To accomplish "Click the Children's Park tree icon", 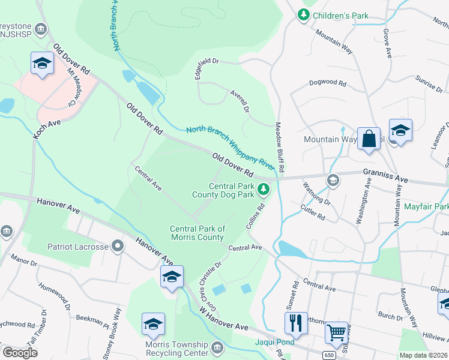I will click(x=304, y=14).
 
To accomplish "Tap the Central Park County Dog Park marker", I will click(x=263, y=190).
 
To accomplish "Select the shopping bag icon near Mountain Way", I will click(x=369, y=139).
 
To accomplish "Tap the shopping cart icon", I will click(x=336, y=332).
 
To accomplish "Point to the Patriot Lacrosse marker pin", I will click(x=118, y=246).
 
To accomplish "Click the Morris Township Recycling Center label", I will click(x=176, y=349).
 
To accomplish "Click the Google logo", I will click(x=20, y=353).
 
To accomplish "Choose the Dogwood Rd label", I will click(x=327, y=83).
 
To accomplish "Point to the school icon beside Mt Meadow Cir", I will click(x=42, y=64).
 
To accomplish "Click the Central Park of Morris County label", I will click(x=197, y=233).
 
